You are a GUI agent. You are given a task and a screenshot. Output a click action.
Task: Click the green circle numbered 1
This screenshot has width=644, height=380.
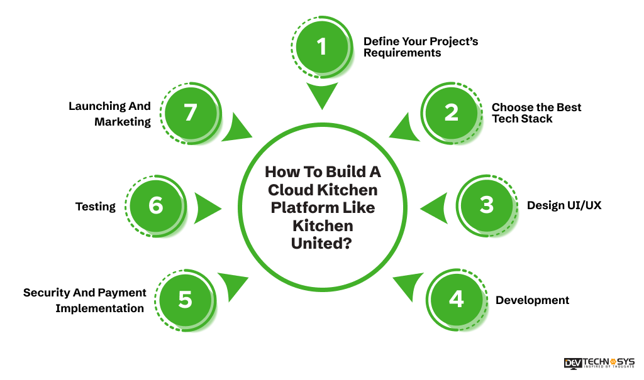tap(322, 46)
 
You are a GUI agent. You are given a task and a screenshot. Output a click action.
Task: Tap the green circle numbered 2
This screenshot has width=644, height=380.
tap(451, 112)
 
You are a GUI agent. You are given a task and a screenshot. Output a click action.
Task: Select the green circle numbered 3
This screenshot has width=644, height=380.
tap(486, 205)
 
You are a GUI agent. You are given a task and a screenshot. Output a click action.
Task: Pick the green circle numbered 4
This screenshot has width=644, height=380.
tap(456, 299)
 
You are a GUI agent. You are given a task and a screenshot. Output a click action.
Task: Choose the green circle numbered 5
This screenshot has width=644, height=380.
tap(185, 299)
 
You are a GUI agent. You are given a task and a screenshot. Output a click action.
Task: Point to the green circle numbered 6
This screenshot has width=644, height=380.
tap(155, 205)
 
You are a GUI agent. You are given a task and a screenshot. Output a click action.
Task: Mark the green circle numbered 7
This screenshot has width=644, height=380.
tap(190, 112)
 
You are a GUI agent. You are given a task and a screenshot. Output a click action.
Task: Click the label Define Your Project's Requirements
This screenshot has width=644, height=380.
tap(420, 47)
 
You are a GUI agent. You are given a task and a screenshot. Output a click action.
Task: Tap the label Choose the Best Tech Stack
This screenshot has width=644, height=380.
tap(536, 113)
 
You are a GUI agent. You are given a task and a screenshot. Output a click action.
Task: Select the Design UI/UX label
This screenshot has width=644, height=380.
tap(563, 205)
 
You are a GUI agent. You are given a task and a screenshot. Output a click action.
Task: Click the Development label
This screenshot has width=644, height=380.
tap(532, 300)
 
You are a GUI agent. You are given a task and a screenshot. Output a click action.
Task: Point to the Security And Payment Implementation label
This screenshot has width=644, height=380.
tap(84, 300)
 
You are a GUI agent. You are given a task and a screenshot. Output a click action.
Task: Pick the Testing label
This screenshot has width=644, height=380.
tap(96, 206)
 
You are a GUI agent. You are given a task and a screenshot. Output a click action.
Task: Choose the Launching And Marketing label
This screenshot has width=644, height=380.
tap(110, 114)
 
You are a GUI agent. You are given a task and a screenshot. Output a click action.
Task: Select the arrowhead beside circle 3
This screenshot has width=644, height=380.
tap(435, 207)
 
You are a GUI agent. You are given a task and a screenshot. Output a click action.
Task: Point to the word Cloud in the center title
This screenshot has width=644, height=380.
tap(289, 189)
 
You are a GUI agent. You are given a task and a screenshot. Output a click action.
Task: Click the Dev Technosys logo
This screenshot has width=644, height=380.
tap(599, 363)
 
